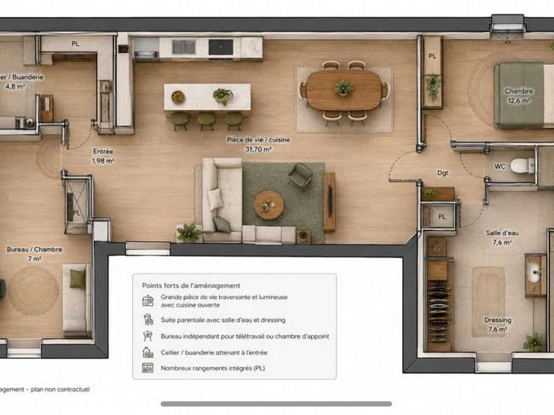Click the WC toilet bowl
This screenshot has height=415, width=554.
pyautogui.click(x=522, y=165)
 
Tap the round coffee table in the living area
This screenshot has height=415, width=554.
pyautogui.click(x=268, y=205)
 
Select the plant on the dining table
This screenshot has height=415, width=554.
pyautogui.click(x=343, y=87)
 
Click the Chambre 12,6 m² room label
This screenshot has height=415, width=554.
pyautogui.click(x=519, y=95)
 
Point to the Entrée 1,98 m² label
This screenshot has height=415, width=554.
pyautogui.click(x=103, y=156)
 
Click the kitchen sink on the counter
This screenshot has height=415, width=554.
pyautogui.click(x=183, y=47)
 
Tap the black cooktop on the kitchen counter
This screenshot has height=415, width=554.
pyautogui.click(x=221, y=47)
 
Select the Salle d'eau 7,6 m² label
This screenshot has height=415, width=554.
pyautogui.click(x=502, y=238)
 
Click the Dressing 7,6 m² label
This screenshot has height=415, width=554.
pyautogui.click(x=498, y=325)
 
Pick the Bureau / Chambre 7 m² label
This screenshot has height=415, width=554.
pyautogui.click(x=34, y=254)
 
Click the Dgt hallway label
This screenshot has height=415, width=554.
pyautogui.click(x=442, y=173)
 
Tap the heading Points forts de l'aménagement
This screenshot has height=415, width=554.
pyautogui.click(x=191, y=285)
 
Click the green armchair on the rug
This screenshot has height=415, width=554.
pyautogui.click(x=300, y=176)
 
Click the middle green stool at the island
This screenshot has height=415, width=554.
pyautogui.click(x=207, y=120)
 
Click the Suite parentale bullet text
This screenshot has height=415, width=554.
pyautogui.click(x=223, y=320)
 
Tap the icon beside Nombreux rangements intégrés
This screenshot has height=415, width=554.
pyautogui.click(x=147, y=368)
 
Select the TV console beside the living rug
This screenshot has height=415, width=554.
pyautogui.click(x=329, y=202)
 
